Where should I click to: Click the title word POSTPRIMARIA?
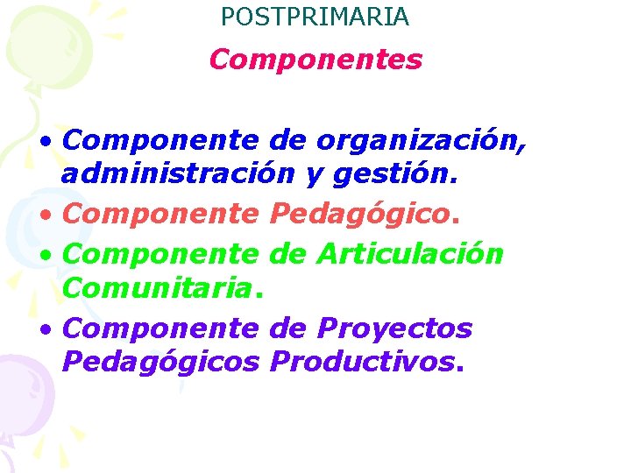(315, 16)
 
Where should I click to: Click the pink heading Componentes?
(315, 60)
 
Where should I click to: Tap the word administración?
(178, 175)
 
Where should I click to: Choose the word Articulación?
(410, 254)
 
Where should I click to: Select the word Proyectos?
(394, 328)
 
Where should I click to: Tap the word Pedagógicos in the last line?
(162, 361)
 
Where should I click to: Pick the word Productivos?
(363, 361)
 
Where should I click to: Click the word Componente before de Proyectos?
(162, 328)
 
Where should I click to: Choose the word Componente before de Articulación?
(162, 254)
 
